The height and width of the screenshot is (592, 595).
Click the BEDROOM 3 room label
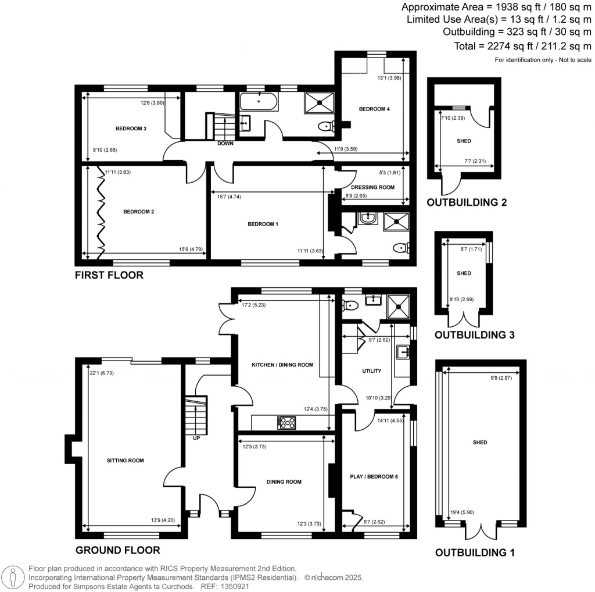(131, 129)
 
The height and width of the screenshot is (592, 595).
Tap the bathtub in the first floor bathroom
(259, 101)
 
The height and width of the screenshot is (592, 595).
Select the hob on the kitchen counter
(287, 423)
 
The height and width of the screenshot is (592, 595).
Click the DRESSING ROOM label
(372, 187)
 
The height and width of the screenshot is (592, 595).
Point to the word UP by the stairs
(196, 438)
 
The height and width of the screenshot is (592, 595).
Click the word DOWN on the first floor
(225, 143)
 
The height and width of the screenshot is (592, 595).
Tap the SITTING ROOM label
(126, 461)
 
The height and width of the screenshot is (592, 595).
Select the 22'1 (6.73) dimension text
(102, 373)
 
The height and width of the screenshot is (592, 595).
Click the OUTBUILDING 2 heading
(467, 202)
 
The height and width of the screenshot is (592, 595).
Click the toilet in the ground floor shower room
(350, 305)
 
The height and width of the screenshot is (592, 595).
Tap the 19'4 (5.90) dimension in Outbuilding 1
(462, 512)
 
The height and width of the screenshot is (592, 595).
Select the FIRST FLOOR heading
(109, 275)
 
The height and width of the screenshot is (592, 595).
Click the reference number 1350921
(236, 586)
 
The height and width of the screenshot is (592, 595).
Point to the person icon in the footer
(13, 577)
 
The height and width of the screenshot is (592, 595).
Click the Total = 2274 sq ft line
(522, 47)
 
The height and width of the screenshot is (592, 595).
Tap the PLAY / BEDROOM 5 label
(374, 476)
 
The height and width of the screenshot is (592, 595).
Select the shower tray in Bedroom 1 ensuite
(396, 222)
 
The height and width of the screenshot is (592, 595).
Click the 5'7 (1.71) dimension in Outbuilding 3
(471, 249)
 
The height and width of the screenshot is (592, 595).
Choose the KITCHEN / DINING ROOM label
(282, 365)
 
